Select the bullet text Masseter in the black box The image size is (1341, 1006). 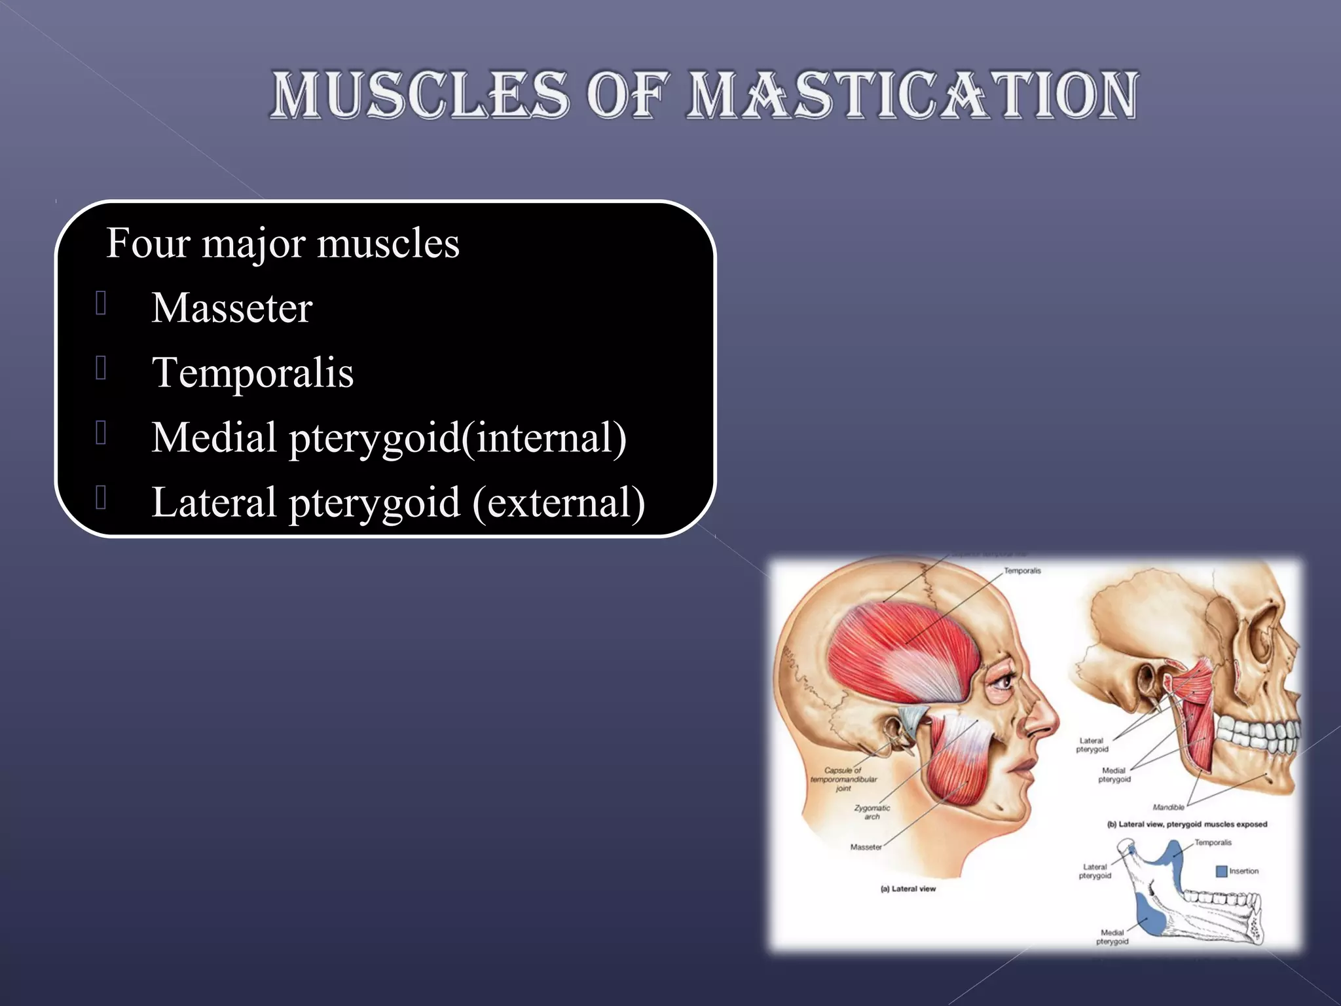(x=232, y=308)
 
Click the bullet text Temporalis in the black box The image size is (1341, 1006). (x=253, y=373)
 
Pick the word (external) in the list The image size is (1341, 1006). (x=559, y=502)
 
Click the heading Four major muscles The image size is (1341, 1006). (x=282, y=243)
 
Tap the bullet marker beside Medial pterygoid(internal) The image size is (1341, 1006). (x=101, y=433)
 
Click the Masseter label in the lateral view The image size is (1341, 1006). (x=866, y=847)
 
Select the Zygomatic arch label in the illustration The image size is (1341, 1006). (x=872, y=812)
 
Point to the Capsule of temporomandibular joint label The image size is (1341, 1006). (x=843, y=779)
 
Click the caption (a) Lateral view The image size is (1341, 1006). (x=908, y=889)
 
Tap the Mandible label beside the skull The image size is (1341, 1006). (x=1168, y=807)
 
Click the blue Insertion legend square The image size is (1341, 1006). (x=1221, y=871)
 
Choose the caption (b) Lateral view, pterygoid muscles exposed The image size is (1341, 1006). (x=1186, y=825)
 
